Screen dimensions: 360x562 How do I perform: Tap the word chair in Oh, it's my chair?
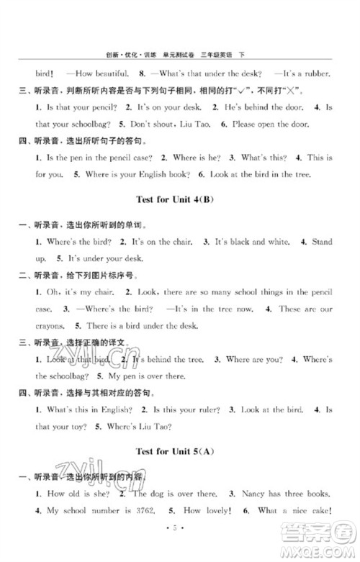(97, 294)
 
